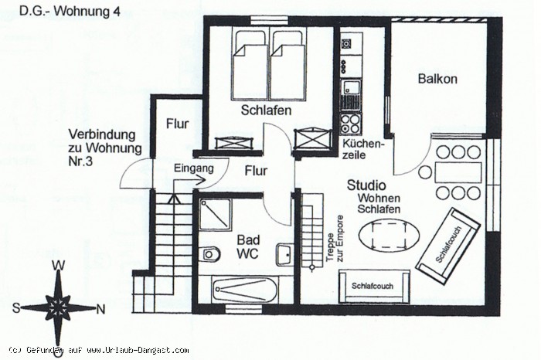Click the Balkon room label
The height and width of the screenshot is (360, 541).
coord(437,79)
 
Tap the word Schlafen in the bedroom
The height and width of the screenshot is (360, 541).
coord(266,110)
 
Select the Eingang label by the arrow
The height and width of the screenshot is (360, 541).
coord(193,168)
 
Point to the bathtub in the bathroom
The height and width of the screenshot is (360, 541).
coord(245,290)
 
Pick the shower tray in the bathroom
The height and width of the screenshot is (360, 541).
coord(214,215)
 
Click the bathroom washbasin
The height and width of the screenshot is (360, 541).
coord(284,255)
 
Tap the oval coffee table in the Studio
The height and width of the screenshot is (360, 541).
coord(390,236)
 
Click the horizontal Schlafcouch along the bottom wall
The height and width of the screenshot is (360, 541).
coord(374,286)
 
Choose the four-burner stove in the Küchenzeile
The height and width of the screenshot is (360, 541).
coord(350,124)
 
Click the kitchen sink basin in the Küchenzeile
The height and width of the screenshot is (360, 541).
coord(350,87)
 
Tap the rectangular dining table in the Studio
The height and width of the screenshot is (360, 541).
coord(458,172)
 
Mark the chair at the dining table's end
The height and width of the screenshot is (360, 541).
coord(425,172)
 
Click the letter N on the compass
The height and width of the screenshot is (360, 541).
coord(100,310)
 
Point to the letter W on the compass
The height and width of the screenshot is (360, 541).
coord(58,266)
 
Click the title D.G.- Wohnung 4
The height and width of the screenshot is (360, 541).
coord(70,12)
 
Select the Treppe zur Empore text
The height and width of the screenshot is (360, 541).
coord(335,239)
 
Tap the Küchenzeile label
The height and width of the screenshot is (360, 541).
coord(362,149)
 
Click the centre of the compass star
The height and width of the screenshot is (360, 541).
coord(58,307)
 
